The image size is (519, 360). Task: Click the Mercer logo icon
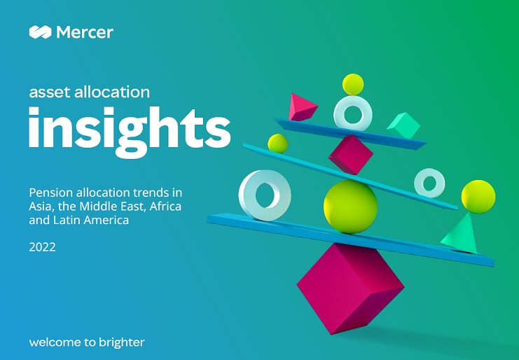pos(41,32)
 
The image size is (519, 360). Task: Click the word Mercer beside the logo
pos(85,32)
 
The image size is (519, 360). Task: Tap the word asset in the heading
pos(50,92)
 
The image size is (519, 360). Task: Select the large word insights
pos(130,131)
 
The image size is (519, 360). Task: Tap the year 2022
pos(42,247)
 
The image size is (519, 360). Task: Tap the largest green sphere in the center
pos(350,207)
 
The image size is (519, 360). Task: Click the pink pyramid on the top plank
pos(302,107)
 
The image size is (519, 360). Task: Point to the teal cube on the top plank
pos(403,125)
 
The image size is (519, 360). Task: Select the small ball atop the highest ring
pos(353,84)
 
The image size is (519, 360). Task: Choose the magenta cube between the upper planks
pos(351,155)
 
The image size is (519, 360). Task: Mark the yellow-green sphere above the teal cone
pos(478,197)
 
